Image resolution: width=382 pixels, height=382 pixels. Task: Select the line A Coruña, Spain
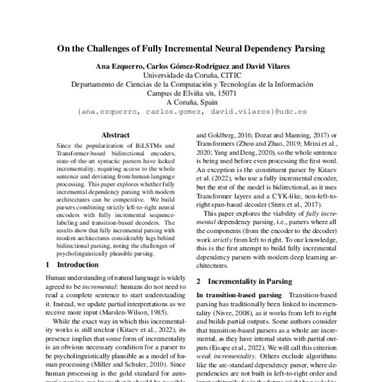pyautogui.click(x=192, y=101)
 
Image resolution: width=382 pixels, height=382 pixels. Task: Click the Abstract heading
pyautogui.click(x=116, y=135)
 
